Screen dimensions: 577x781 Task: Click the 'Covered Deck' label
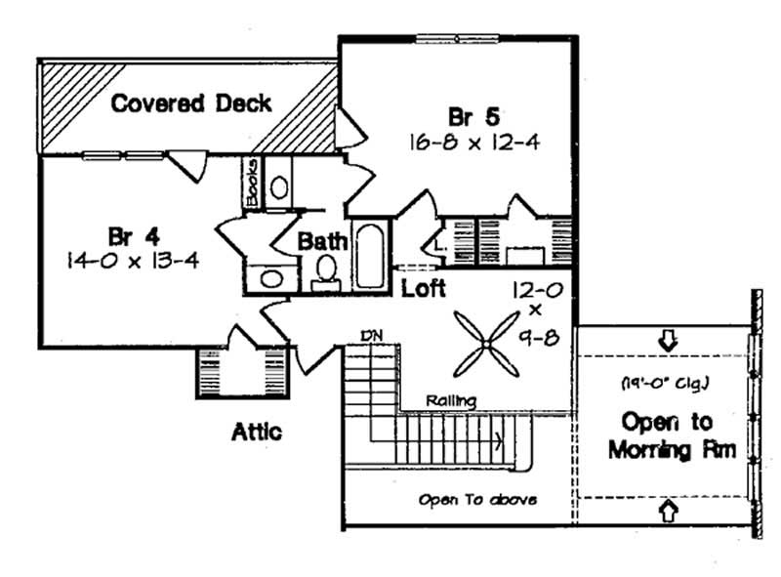click(x=190, y=103)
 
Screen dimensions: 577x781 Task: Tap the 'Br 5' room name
click(x=473, y=114)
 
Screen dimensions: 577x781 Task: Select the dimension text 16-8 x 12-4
click(x=474, y=142)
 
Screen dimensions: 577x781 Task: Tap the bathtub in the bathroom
click(x=370, y=254)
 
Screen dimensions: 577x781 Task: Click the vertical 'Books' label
click(x=251, y=183)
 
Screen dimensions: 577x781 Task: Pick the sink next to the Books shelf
click(x=278, y=185)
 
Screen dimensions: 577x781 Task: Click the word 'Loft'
click(x=424, y=289)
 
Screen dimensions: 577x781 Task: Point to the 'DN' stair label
click(x=370, y=336)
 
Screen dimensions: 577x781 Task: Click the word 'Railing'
click(x=451, y=400)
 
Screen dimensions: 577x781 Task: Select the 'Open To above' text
click(x=477, y=499)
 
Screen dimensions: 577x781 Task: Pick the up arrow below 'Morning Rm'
click(x=668, y=509)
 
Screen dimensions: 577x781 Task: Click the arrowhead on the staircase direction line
click(x=501, y=440)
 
